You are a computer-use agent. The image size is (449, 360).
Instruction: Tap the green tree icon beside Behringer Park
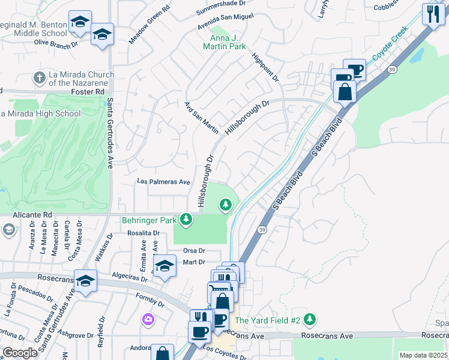click(187, 219)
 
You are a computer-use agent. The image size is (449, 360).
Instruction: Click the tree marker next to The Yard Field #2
click(309, 319)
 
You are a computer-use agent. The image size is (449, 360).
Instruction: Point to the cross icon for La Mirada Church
click(40, 77)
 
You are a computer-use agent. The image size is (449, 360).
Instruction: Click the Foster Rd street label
click(88, 92)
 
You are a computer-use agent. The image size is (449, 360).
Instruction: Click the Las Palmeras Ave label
click(164, 181)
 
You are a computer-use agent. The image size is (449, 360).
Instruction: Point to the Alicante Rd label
click(31, 213)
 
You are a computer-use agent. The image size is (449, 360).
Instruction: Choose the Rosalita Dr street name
click(142, 233)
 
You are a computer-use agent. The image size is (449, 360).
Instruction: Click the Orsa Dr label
click(194, 251)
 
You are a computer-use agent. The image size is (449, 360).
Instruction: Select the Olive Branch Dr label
click(56, 43)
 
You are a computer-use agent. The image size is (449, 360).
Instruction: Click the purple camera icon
click(148, 319)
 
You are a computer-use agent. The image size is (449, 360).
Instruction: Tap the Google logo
click(20, 353)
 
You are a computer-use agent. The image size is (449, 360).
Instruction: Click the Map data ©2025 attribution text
click(423, 355)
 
